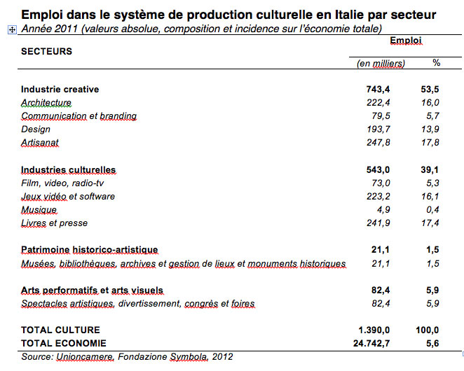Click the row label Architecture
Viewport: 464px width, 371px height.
point(46,103)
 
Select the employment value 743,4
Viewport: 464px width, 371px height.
point(393,90)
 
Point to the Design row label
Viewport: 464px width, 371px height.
point(36,129)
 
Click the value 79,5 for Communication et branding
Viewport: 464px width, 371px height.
point(396,116)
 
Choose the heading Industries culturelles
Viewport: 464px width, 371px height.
point(68,170)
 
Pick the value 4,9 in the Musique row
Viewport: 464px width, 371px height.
point(399,210)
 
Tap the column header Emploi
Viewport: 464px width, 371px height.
point(406,41)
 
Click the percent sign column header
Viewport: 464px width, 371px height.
point(436,63)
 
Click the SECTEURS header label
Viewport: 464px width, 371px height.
point(46,52)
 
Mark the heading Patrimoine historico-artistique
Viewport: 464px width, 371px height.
point(90,250)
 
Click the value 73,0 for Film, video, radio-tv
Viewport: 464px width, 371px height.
point(396,183)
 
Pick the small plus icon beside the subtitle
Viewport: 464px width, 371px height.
point(11,29)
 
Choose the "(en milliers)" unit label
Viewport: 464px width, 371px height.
point(381,64)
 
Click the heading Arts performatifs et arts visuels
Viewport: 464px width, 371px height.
point(92,290)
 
